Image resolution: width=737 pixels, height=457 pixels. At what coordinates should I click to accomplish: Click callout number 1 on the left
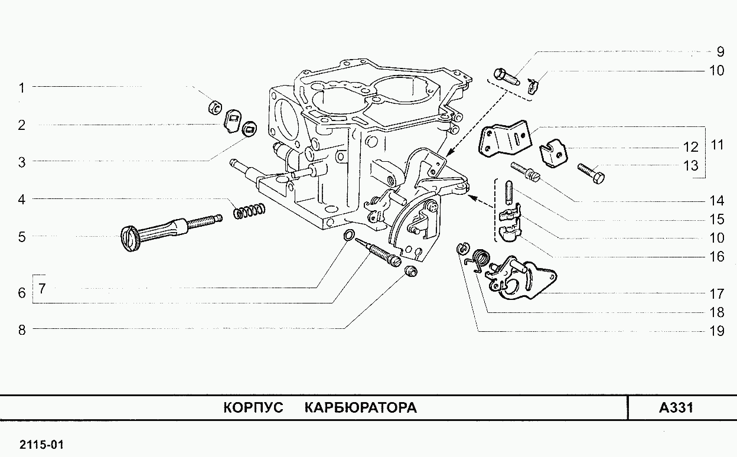click(21, 88)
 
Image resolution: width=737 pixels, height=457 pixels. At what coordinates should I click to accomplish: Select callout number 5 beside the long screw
click(21, 237)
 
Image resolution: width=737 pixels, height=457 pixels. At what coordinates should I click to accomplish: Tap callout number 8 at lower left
click(21, 330)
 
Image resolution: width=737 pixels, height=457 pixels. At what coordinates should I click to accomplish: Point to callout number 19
click(716, 331)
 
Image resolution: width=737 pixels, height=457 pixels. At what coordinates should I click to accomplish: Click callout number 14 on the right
click(716, 200)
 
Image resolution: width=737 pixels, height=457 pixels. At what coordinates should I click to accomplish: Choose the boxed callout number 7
click(43, 289)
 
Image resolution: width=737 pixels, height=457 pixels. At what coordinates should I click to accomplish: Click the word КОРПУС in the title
click(253, 408)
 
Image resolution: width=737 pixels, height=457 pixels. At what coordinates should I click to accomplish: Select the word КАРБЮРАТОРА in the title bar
click(361, 408)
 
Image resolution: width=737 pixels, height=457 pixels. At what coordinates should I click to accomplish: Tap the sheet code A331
click(676, 408)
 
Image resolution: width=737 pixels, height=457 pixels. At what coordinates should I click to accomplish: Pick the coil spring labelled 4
click(249, 210)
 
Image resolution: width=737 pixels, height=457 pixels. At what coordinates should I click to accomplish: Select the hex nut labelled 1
click(216, 107)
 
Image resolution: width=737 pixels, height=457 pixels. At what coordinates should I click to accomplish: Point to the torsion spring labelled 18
click(481, 260)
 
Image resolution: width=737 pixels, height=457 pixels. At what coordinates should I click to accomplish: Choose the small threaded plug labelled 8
click(410, 272)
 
